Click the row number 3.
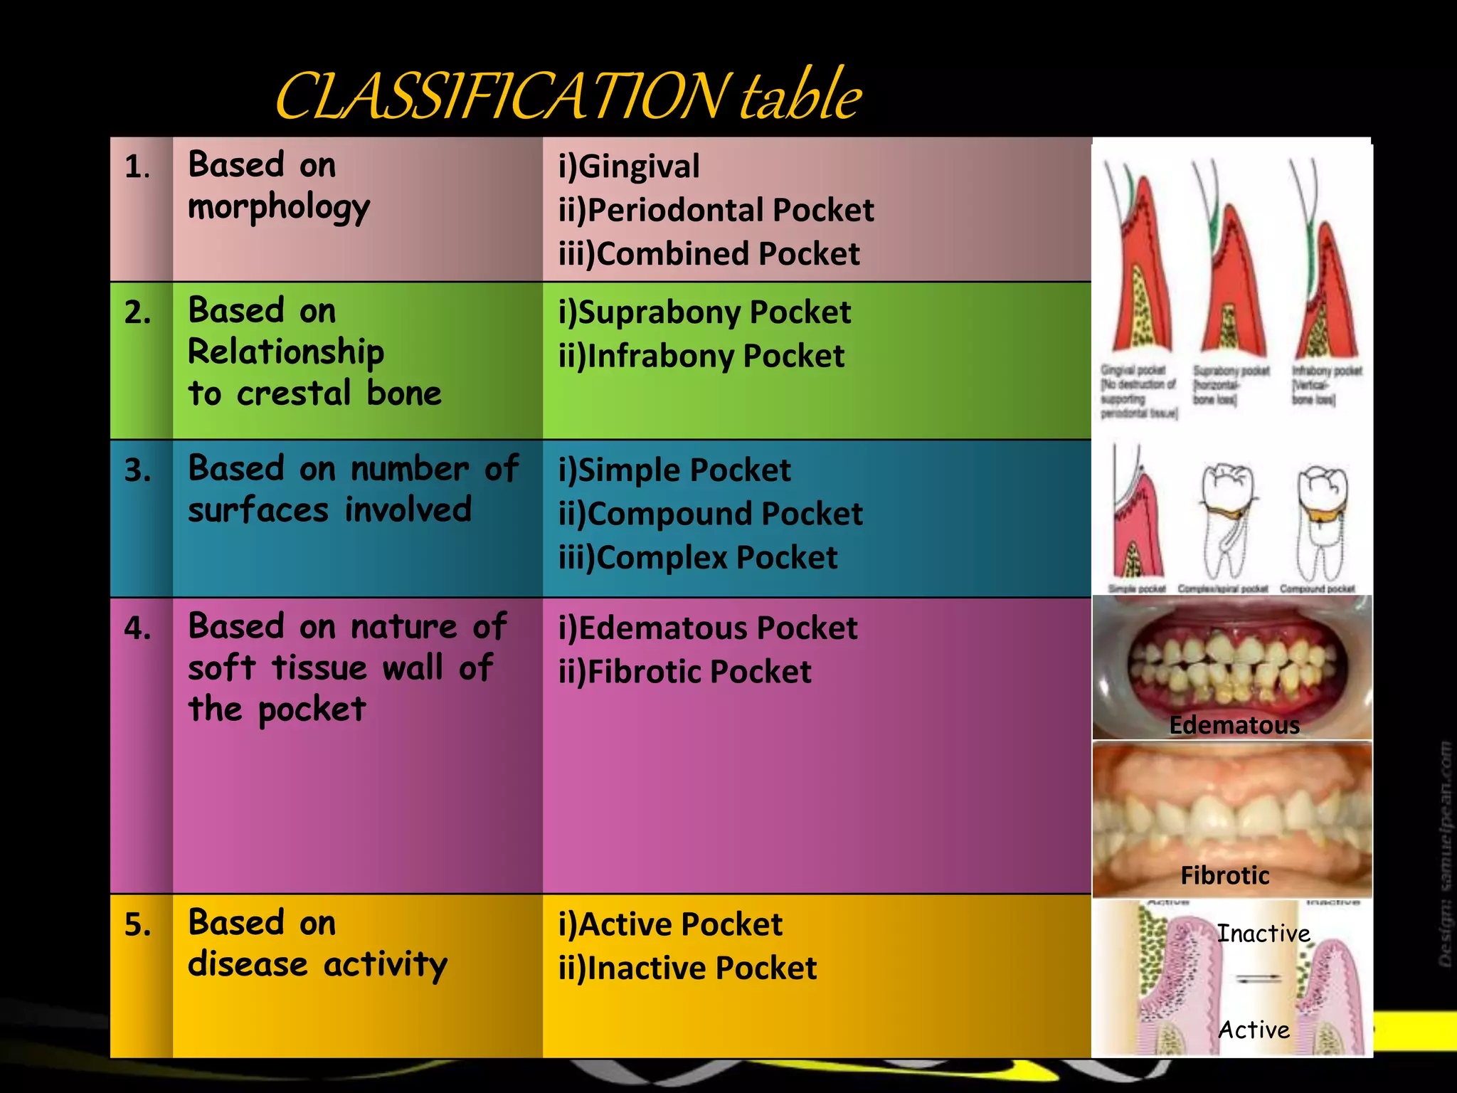pos(137,471)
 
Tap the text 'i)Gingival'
pos(629,167)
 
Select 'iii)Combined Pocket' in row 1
pos(709,254)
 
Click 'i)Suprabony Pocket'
pos(704,312)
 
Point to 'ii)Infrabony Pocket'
pos(701,356)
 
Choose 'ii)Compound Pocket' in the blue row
pos(710,514)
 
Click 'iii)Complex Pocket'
pos(698,558)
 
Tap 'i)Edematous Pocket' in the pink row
pos(708,628)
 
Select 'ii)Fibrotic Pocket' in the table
pos(684,672)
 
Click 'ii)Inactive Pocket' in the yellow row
pos(687,968)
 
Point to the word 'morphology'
pos(279,208)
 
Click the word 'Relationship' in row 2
pos(286,352)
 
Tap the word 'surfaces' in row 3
pos(258,510)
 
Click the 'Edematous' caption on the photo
pos(1234,725)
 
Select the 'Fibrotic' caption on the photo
pos(1224,875)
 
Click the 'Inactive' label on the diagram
pos(1263,934)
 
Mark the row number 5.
pos(137,924)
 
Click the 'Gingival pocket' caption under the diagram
pos(1133,371)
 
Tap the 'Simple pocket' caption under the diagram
pos(1137,589)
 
